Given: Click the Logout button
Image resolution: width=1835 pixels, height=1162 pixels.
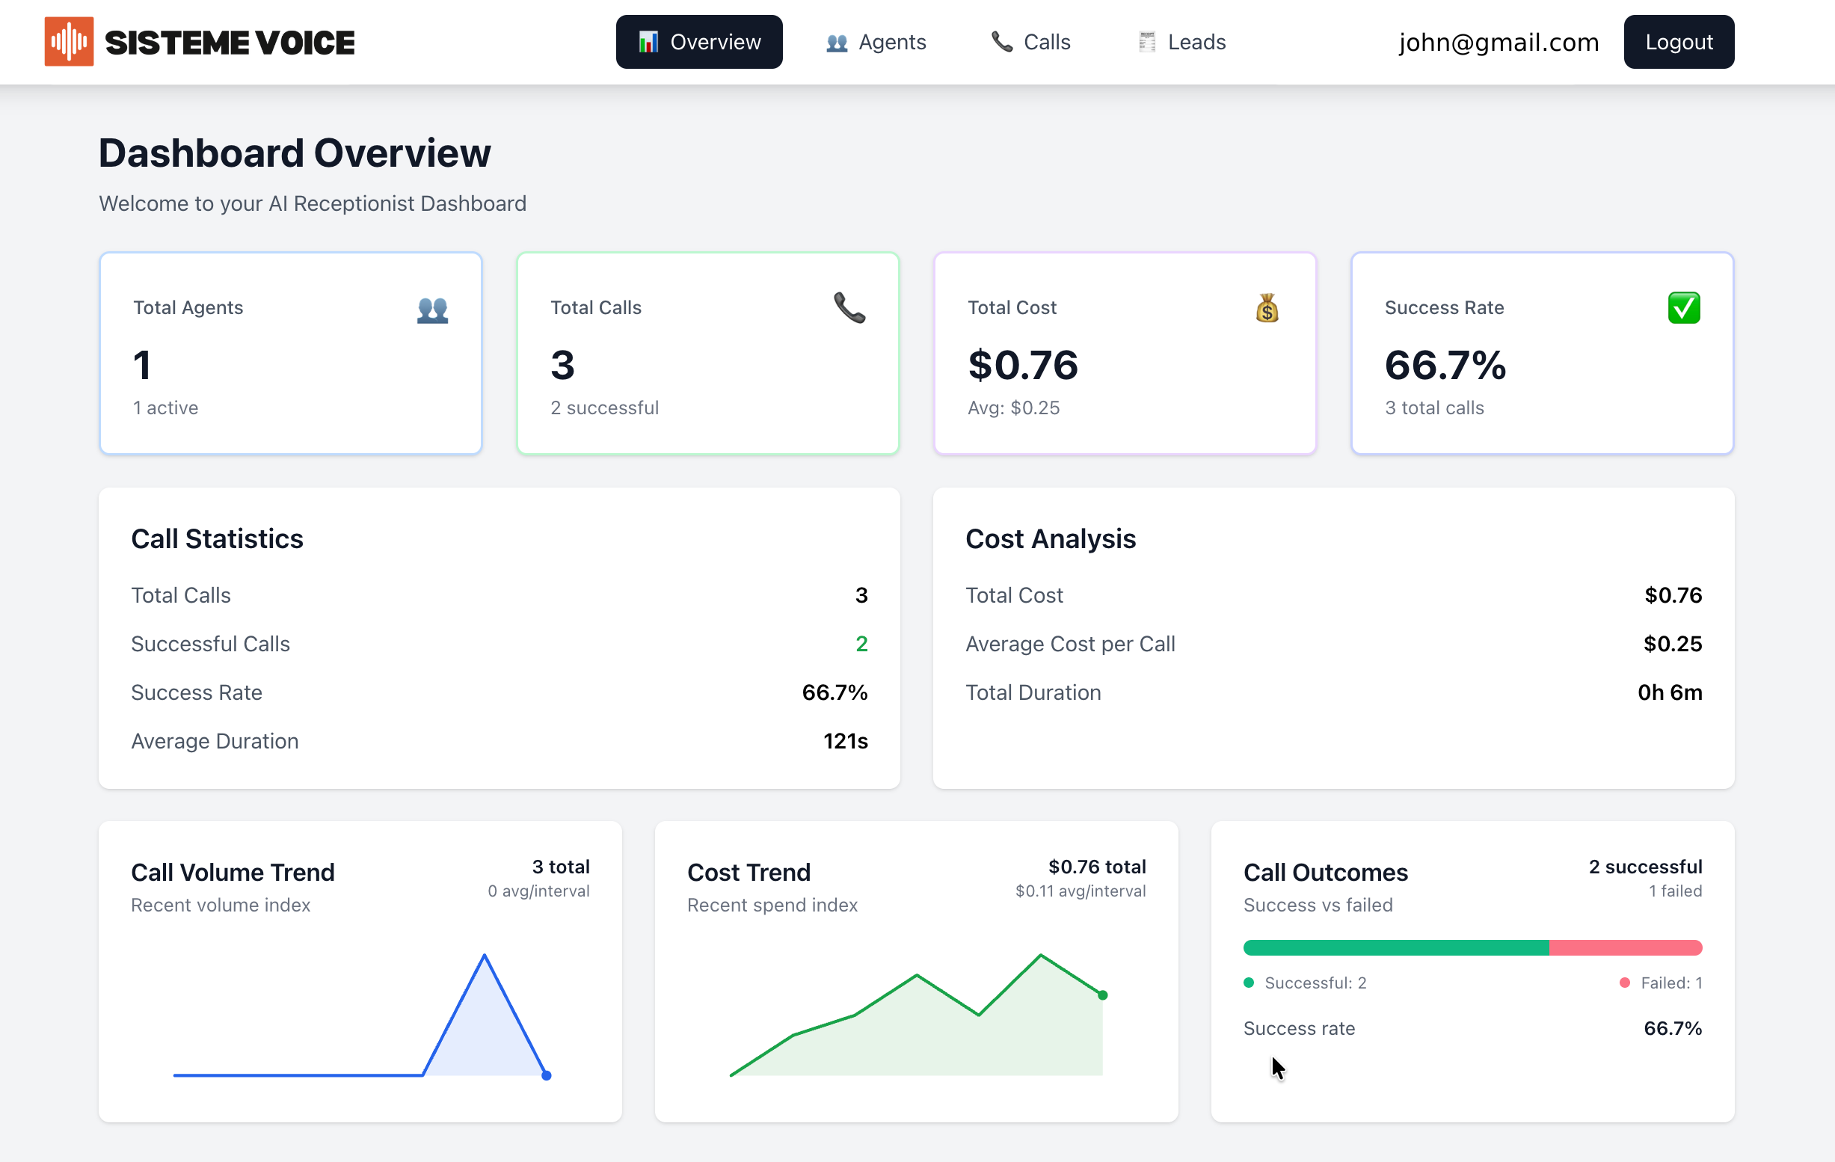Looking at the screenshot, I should (1678, 42).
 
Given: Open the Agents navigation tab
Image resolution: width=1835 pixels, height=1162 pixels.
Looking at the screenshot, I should (876, 42).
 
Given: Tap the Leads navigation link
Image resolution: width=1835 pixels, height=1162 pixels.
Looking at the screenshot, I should (1182, 42).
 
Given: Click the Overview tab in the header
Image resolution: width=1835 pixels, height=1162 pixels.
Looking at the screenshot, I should (699, 42).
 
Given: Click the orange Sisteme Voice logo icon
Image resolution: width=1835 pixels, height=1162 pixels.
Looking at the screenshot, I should (69, 41).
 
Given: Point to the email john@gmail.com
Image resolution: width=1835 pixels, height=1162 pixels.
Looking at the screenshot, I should (1499, 42).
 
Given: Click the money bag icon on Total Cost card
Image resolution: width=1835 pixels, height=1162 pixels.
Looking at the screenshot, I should (1267, 308).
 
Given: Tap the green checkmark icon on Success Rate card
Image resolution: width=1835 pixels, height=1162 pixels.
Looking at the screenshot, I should (1683, 308).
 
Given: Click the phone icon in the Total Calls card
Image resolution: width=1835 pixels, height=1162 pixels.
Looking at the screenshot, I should (849, 308).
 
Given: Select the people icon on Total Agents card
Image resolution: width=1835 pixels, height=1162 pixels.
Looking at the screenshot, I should (432, 310).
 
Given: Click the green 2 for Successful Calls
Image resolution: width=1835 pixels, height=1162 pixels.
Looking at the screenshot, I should (861, 644).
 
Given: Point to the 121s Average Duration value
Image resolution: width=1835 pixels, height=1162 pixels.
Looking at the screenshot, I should (845, 740).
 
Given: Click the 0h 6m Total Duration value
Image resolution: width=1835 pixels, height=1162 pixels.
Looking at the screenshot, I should (1669, 692).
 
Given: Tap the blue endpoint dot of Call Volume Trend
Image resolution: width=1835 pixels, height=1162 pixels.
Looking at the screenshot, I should (547, 1075).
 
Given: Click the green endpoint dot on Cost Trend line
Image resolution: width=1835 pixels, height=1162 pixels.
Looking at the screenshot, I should (1102, 995).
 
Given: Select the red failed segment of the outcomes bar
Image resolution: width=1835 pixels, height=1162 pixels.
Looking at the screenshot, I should (1625, 948).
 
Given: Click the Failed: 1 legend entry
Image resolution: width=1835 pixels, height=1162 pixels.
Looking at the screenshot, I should (1662, 983).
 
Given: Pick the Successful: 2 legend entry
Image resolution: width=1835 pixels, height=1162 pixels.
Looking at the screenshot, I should (1306, 983).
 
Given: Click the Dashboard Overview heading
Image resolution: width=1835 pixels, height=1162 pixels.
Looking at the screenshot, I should (295, 153).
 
